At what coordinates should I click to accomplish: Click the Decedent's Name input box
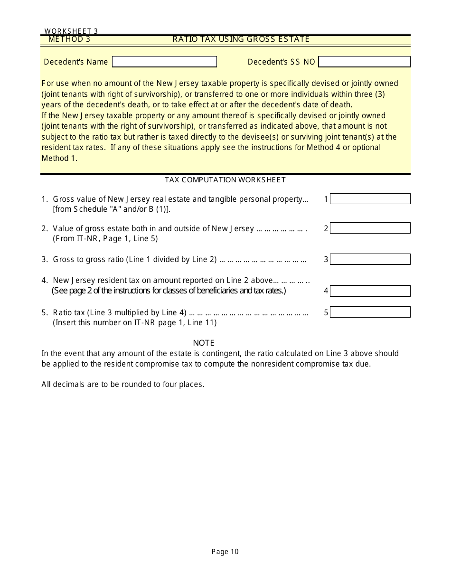click(x=164, y=62)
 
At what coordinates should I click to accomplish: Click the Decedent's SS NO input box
click(x=364, y=62)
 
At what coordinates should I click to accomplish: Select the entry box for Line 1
click(x=370, y=199)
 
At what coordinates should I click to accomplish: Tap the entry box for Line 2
click(x=370, y=228)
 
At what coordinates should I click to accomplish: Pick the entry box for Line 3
click(x=370, y=259)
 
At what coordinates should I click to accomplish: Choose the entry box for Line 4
click(x=370, y=291)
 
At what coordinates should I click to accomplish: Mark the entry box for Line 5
click(x=370, y=312)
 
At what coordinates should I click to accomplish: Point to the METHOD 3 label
click(x=69, y=39)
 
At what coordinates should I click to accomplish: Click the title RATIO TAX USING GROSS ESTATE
click(x=241, y=39)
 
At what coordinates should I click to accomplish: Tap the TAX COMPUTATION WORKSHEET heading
click(x=225, y=180)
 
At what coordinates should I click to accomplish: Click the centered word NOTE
click(x=204, y=343)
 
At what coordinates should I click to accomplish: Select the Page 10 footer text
click(x=225, y=552)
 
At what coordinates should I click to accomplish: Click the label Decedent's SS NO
click(x=281, y=62)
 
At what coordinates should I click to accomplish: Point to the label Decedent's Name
click(x=76, y=62)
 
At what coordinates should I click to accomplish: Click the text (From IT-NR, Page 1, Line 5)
click(x=105, y=239)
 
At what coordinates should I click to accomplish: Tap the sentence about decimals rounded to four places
click(x=122, y=384)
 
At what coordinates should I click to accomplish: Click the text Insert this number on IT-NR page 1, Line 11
click(x=135, y=323)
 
